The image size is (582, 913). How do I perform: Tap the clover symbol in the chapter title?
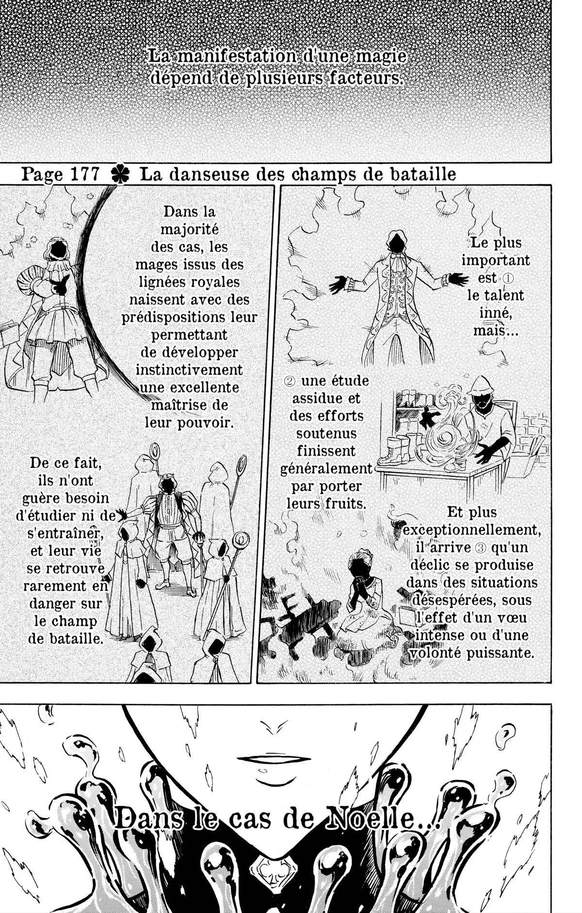(x=119, y=175)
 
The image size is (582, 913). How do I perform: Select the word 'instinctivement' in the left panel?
(x=189, y=370)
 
